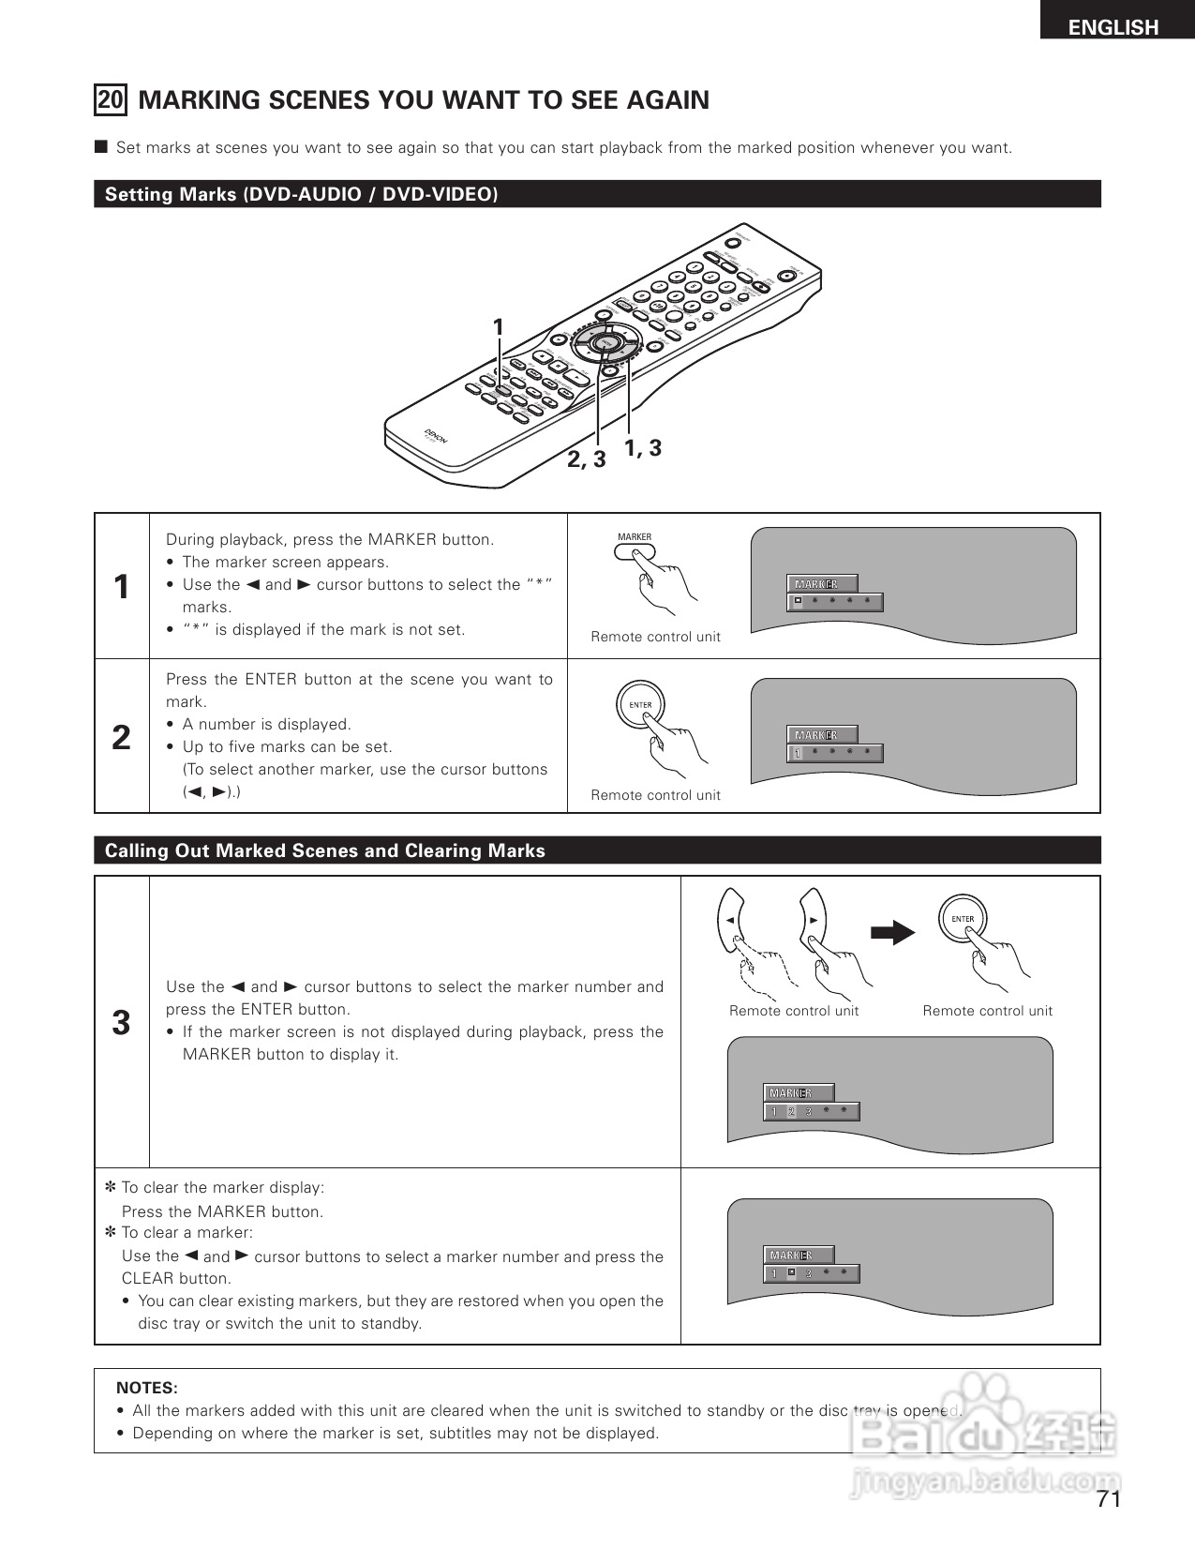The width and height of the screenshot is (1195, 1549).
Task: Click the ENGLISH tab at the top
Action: pyautogui.click(x=1113, y=27)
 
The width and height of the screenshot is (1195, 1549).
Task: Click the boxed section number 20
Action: pyautogui.click(x=111, y=99)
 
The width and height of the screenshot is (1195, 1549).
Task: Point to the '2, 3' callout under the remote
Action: pyautogui.click(x=586, y=459)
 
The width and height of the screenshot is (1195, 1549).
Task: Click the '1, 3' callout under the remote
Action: pyautogui.click(x=643, y=448)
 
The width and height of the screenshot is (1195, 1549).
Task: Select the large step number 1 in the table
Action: pyautogui.click(x=121, y=587)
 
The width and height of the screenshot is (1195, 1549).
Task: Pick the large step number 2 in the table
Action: pyautogui.click(x=121, y=737)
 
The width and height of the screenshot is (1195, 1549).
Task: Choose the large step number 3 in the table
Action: pyautogui.click(x=121, y=1022)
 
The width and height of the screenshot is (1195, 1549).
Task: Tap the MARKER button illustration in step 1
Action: pyautogui.click(x=635, y=551)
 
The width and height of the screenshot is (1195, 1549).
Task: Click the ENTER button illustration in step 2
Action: pyautogui.click(x=640, y=705)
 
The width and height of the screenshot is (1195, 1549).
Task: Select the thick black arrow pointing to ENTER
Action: pyautogui.click(x=891, y=933)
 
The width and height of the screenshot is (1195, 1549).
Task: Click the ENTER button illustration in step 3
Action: pyautogui.click(x=963, y=920)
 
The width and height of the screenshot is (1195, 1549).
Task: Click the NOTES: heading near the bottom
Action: pyautogui.click(x=146, y=1388)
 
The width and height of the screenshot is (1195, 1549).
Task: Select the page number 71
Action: pyautogui.click(x=1109, y=1498)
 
